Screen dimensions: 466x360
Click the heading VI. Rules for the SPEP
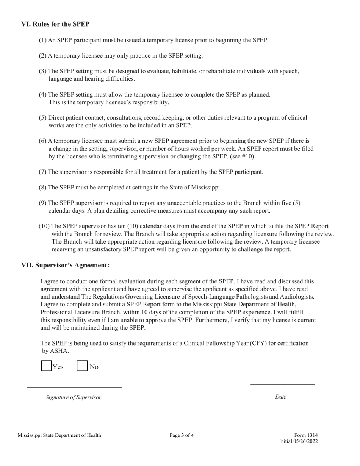55,24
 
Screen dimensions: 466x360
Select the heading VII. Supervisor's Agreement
65,265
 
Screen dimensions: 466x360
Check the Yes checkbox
46,366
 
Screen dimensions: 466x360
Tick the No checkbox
82,366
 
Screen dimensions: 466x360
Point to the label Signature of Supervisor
74,397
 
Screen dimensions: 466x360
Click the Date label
280,397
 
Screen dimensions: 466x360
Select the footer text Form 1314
306,435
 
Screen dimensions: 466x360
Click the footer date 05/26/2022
305,441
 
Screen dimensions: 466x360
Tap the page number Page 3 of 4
182,435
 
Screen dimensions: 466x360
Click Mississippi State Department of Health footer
59,435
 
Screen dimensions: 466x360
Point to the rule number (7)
42,172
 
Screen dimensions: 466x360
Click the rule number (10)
44,226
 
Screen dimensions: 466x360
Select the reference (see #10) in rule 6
242,156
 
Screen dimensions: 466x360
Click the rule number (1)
42,40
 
